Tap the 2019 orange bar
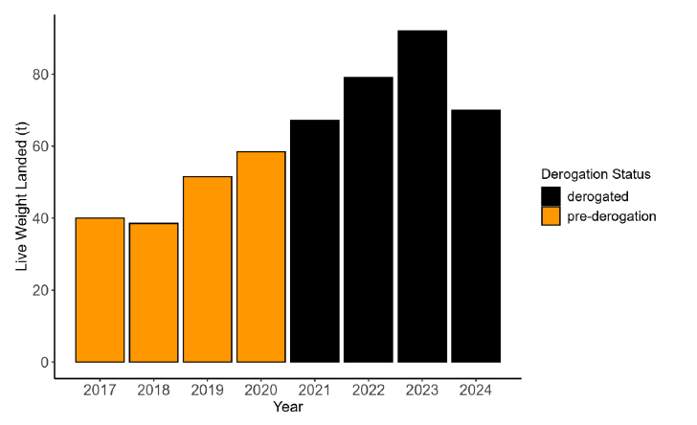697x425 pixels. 207,269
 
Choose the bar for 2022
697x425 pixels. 369,219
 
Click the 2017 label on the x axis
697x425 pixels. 100,391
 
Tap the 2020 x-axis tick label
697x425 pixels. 260,391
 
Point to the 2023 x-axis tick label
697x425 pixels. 422,391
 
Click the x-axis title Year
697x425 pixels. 287,408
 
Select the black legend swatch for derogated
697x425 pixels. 551,195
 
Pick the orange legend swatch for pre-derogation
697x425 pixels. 551,216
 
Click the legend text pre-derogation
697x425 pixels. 612,216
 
